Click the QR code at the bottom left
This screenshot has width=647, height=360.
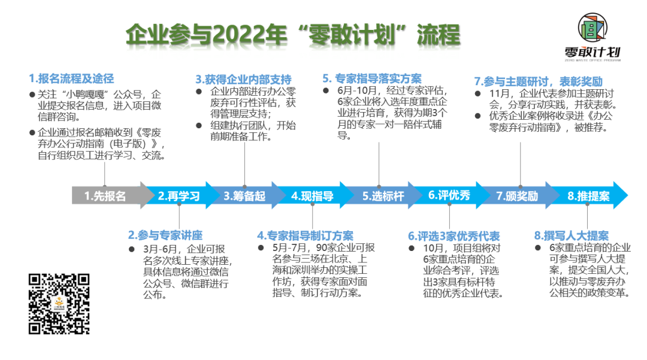pos(59,303)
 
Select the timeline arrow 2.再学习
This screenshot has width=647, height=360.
pos(179,196)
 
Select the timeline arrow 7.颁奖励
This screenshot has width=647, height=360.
pos(518,196)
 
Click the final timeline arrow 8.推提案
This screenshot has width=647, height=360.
pos(589,196)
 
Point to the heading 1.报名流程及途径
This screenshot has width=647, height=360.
pos(71,78)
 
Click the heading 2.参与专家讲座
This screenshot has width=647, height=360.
pos(165,235)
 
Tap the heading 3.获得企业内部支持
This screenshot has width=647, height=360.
pos(243,79)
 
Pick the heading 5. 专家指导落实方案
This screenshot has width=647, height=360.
pos(371,78)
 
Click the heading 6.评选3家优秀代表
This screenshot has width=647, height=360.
pos(453,235)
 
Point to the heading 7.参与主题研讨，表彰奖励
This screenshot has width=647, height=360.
pos(538,81)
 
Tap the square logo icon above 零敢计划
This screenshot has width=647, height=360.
pos(595,29)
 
